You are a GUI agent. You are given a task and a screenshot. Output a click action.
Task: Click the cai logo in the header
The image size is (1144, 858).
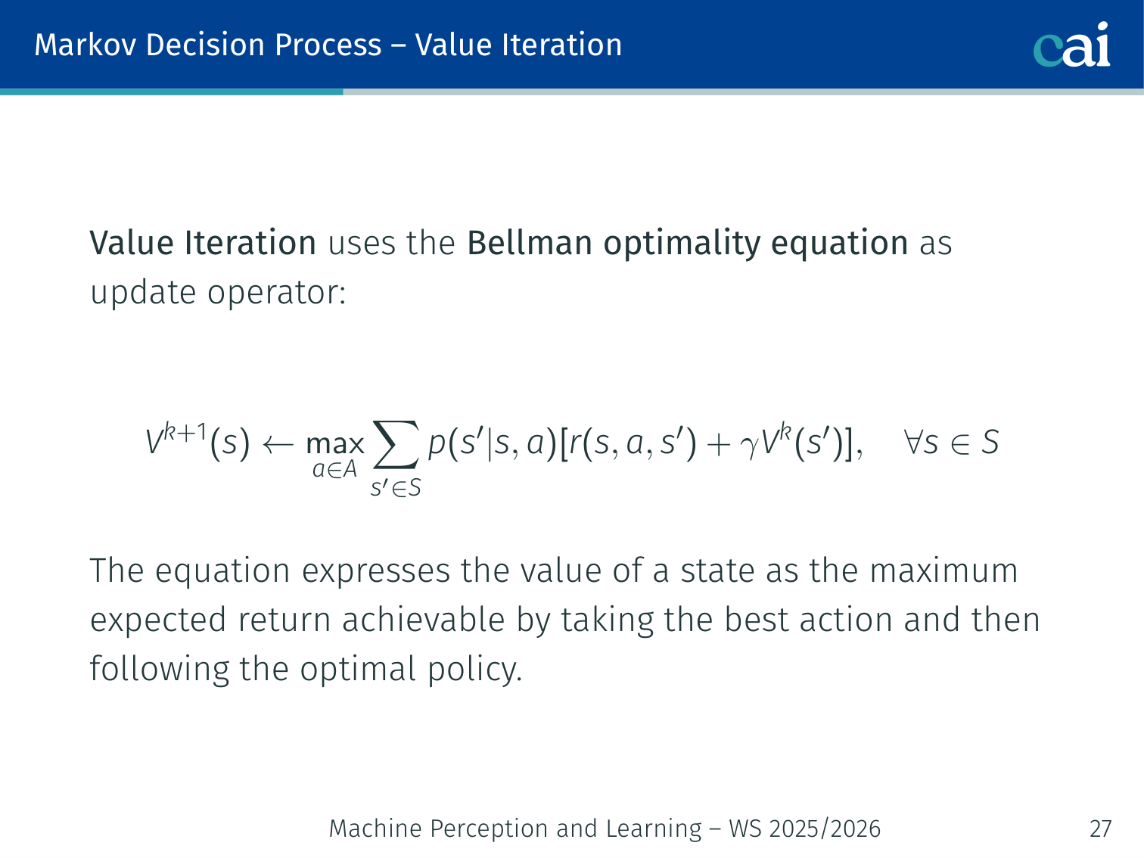pos(1071,45)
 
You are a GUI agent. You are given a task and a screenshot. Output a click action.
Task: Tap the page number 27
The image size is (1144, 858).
pos(1100,828)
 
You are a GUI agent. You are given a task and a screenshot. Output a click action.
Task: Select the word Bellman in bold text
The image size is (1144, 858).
pos(530,243)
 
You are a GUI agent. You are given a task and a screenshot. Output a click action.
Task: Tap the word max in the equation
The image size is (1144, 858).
pos(334,444)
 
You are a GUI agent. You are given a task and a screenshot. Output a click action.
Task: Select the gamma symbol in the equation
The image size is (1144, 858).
pos(749,448)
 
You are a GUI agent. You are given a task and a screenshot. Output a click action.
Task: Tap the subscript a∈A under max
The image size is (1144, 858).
pos(334,470)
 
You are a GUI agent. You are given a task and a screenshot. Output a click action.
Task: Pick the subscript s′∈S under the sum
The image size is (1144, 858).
pos(396,488)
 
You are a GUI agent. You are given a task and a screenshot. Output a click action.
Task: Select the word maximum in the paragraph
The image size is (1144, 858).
pos(943,570)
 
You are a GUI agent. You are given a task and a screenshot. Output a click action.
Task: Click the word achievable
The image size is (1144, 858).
pos(423,620)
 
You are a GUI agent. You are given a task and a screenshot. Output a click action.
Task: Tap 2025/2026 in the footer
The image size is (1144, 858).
pos(825,828)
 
